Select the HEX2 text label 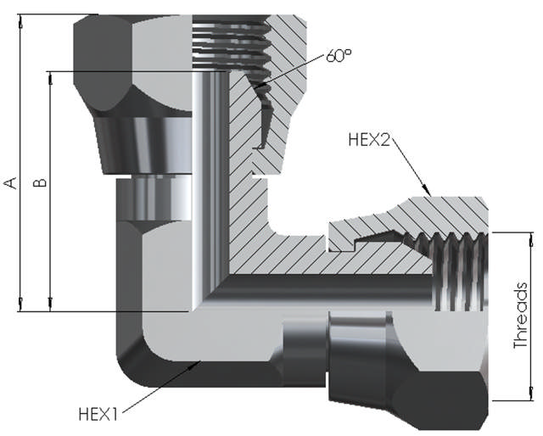(369, 140)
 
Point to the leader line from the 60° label (293, 72)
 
